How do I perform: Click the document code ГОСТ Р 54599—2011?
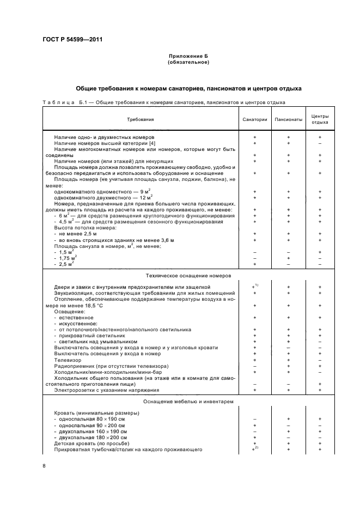point(72,40)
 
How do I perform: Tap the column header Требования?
point(141,119)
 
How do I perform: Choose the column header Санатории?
point(255,119)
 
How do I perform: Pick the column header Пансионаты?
point(289,119)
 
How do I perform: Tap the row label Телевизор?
point(68,360)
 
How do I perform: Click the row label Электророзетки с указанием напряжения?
point(99,390)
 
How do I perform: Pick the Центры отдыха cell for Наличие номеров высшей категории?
point(320,143)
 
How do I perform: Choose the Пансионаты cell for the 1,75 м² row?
point(289,258)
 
